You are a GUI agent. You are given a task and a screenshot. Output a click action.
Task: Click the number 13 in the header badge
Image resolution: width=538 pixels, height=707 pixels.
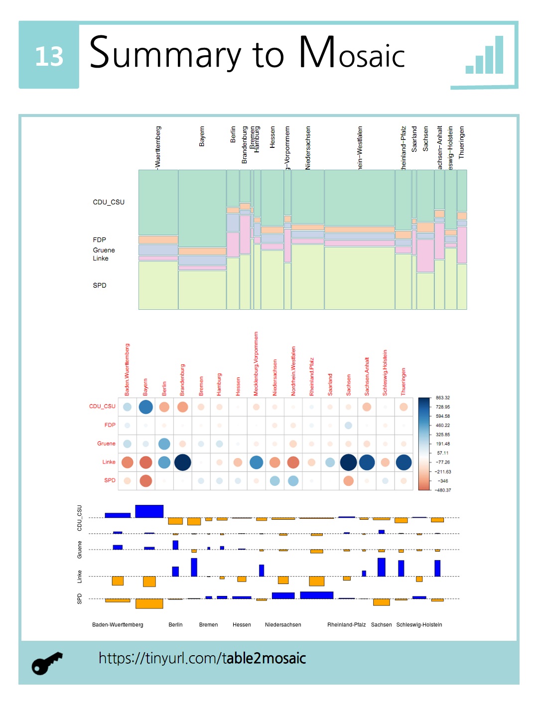tap(49, 56)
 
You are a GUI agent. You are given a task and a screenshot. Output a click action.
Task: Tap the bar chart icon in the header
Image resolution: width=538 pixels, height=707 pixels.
tap(485, 56)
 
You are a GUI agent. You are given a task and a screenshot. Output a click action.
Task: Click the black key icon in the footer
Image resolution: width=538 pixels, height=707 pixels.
tap(47, 663)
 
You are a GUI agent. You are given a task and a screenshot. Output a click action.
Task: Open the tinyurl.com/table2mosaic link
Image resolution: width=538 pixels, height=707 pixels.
tap(202, 658)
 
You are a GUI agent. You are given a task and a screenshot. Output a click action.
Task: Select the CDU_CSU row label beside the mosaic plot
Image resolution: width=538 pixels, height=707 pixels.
tap(109, 202)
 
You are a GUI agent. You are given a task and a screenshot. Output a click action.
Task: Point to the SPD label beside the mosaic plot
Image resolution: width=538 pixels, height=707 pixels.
tap(100, 285)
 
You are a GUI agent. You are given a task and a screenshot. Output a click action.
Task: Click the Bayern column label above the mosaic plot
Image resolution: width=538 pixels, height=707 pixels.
tap(202, 136)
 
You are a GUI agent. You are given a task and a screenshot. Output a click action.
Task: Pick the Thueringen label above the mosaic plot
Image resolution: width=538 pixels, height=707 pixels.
tap(461, 142)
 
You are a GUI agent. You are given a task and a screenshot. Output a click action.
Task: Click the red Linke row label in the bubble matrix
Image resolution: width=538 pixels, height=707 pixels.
tap(109, 462)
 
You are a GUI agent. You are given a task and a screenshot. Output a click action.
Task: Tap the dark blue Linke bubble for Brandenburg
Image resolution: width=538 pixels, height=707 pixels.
tap(183, 463)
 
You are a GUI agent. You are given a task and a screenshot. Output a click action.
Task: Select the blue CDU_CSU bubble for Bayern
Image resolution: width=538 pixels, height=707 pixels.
tap(146, 407)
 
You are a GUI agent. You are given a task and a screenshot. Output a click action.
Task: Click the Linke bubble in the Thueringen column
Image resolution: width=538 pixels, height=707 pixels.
tap(403, 463)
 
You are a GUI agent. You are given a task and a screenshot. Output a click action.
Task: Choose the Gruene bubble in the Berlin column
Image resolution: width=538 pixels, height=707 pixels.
tap(164, 444)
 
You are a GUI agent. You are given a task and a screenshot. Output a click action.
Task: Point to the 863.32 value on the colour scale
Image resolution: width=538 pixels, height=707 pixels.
tap(442, 398)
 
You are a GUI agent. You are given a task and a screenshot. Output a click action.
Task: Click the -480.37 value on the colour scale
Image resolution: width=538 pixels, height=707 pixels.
tap(442, 490)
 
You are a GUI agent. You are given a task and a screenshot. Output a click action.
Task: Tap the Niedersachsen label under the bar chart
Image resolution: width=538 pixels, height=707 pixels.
tap(283, 625)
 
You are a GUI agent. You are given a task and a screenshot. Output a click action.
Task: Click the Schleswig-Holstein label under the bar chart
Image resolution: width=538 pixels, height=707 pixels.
tap(419, 625)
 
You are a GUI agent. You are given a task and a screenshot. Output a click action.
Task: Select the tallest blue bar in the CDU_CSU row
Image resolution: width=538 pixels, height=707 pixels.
tap(149, 511)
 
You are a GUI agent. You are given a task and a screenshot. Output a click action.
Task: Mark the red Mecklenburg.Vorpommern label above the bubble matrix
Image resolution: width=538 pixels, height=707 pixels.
tap(256, 364)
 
